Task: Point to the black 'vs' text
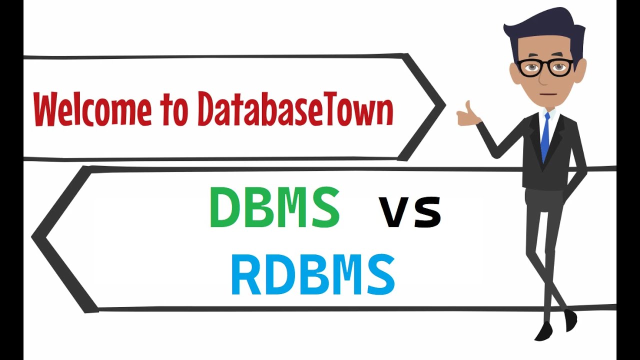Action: tap(410, 212)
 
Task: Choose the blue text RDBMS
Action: tap(313, 274)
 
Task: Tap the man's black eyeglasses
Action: tap(545, 67)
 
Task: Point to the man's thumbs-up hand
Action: tap(467, 114)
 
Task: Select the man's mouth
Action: tap(548, 93)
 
